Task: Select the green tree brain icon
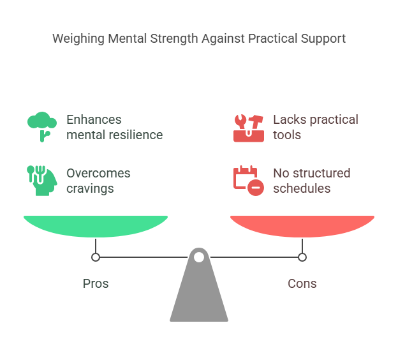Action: coord(42,126)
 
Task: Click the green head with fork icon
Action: coord(42,180)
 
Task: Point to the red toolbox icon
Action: coord(249,127)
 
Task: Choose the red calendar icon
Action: coord(249,180)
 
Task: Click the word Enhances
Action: coord(94,119)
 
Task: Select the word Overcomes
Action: coord(98,173)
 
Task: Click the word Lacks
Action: coord(288,119)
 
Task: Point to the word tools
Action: coord(287,135)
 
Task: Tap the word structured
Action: coord(321,173)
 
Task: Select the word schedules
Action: coord(302,188)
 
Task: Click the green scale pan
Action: coord(96,225)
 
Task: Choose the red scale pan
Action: coord(302,225)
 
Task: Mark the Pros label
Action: coord(96,283)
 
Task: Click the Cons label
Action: coord(302,283)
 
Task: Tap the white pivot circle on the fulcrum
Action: coord(199,257)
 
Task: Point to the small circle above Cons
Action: coord(302,257)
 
